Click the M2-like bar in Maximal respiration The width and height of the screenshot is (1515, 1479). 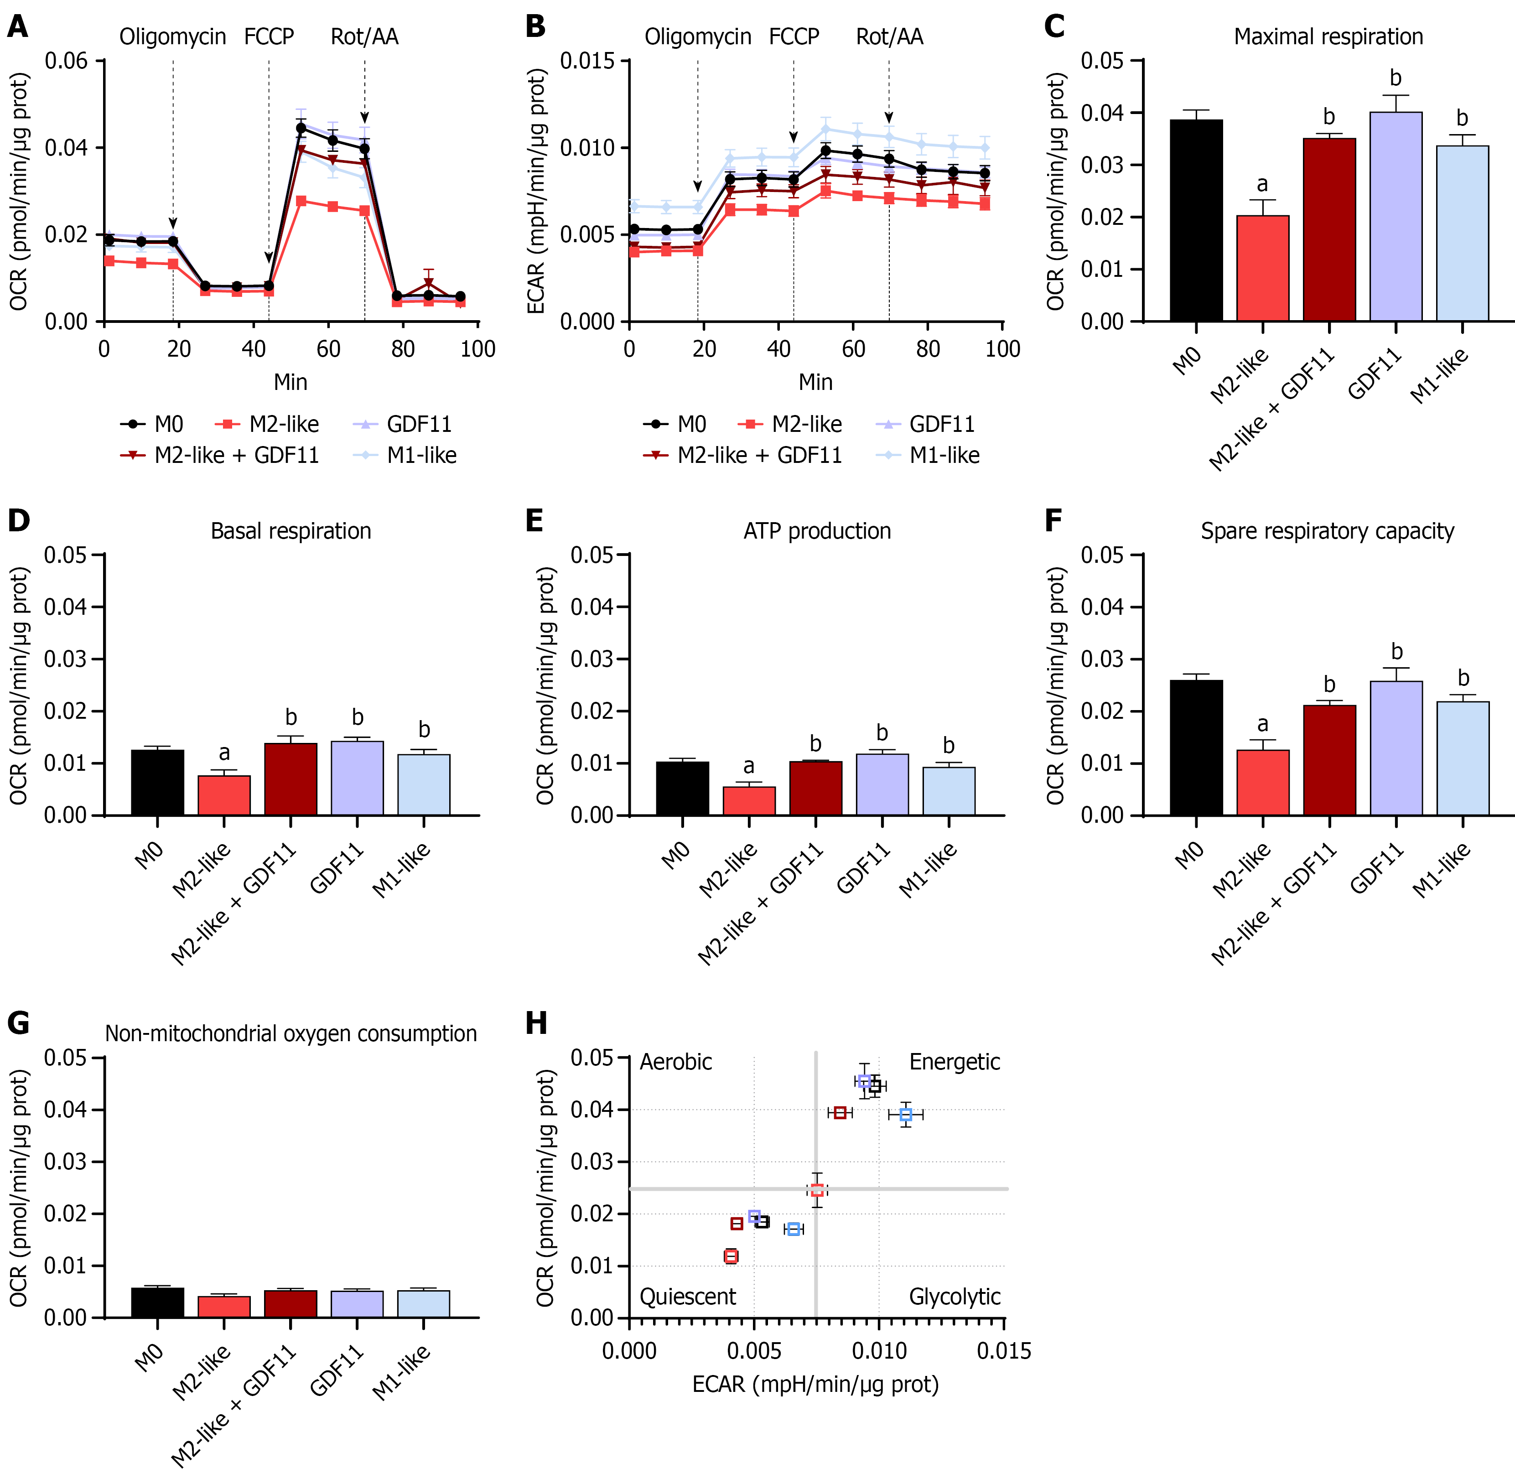[x=1262, y=268]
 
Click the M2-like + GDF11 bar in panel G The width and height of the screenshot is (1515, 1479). [x=291, y=1304]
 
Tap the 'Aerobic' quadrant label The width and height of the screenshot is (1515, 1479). [x=675, y=1062]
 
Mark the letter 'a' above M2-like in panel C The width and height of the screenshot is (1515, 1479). [x=1262, y=185]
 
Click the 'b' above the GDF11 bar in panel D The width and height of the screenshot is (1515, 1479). [x=358, y=717]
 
